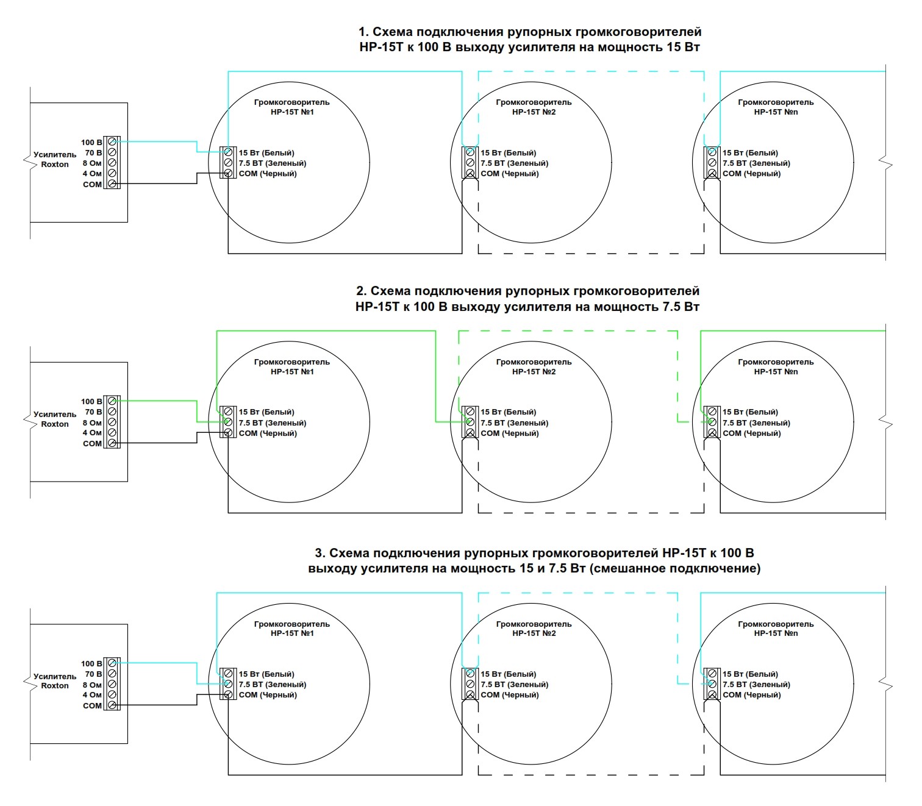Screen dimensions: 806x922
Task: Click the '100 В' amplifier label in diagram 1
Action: pos(91,143)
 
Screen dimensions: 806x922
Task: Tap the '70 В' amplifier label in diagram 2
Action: pos(93,412)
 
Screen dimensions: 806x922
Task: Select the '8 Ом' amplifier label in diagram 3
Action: pos(92,685)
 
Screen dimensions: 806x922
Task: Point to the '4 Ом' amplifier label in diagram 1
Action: pos(92,174)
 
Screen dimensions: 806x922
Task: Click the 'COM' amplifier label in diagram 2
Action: pos(92,444)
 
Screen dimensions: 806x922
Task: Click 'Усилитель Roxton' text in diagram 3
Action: pos(55,681)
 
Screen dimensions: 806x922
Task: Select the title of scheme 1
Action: pos(529,40)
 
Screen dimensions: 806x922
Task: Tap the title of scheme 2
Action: pos(527,299)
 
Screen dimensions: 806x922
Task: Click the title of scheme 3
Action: pos(534,561)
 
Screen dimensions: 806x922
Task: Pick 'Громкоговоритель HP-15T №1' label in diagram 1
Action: pos(291,107)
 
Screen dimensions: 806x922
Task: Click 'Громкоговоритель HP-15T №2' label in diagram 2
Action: pos(534,367)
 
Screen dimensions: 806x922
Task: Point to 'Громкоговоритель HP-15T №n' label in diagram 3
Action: pos(776,629)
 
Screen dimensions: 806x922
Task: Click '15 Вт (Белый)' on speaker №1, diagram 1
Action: pos(266,153)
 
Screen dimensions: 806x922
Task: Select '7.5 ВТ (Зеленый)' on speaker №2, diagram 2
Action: pos(514,423)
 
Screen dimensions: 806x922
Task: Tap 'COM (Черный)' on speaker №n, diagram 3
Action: pos(751,695)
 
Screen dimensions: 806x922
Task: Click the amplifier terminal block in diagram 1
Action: pos(112,163)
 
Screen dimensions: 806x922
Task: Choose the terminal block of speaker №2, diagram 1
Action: pos(470,163)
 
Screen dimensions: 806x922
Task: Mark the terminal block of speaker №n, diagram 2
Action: pos(712,423)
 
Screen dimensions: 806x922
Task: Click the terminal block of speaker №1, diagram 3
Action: pos(228,684)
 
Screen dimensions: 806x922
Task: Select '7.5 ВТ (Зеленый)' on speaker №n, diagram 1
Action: pos(756,163)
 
